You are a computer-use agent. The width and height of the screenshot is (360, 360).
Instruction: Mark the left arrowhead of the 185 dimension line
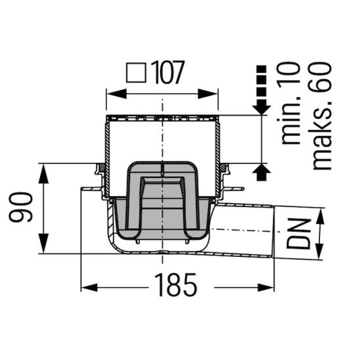[87, 286]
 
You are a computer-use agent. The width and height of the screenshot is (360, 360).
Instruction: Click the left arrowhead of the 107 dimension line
[112, 93]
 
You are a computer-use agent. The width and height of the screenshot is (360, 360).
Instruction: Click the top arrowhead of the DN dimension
[321, 214]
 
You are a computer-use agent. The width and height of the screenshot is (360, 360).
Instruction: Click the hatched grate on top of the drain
[162, 119]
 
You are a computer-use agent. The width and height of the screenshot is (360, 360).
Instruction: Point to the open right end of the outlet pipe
[275, 234]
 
